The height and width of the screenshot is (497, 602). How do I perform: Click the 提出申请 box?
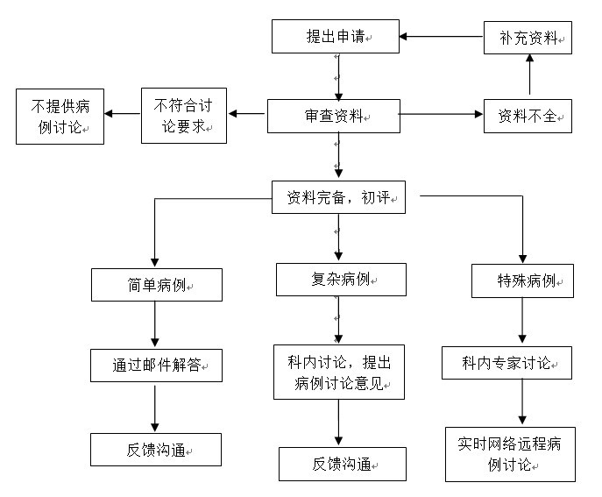point(336,37)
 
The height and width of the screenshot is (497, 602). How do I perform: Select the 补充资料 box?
point(528,38)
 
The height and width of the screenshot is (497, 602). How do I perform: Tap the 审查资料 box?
point(334,116)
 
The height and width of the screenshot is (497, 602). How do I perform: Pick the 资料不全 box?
point(528,116)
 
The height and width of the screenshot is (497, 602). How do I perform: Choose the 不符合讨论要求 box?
point(184,116)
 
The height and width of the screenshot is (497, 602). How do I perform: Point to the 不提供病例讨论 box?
point(60,117)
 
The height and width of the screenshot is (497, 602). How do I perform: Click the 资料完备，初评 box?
point(338,197)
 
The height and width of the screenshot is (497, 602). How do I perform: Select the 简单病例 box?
point(157,285)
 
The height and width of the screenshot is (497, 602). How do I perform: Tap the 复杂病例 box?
point(342,280)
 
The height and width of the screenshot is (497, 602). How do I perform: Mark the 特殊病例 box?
point(522,280)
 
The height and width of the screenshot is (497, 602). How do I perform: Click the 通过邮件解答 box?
point(156,366)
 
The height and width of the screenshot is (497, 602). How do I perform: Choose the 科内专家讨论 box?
point(506,363)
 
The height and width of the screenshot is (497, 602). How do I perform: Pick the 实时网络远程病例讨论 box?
point(510,454)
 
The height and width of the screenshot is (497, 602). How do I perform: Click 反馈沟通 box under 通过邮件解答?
point(156,450)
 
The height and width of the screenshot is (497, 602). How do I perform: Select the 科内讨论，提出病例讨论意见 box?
point(339,373)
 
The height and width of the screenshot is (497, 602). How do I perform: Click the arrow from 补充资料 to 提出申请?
point(442,37)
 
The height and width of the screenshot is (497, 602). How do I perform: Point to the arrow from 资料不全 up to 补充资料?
point(530,75)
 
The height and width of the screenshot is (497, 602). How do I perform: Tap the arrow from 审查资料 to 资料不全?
point(442,114)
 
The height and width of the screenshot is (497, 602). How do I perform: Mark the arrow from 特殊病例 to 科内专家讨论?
point(522,320)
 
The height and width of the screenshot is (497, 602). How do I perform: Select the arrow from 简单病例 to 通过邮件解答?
point(155,324)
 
